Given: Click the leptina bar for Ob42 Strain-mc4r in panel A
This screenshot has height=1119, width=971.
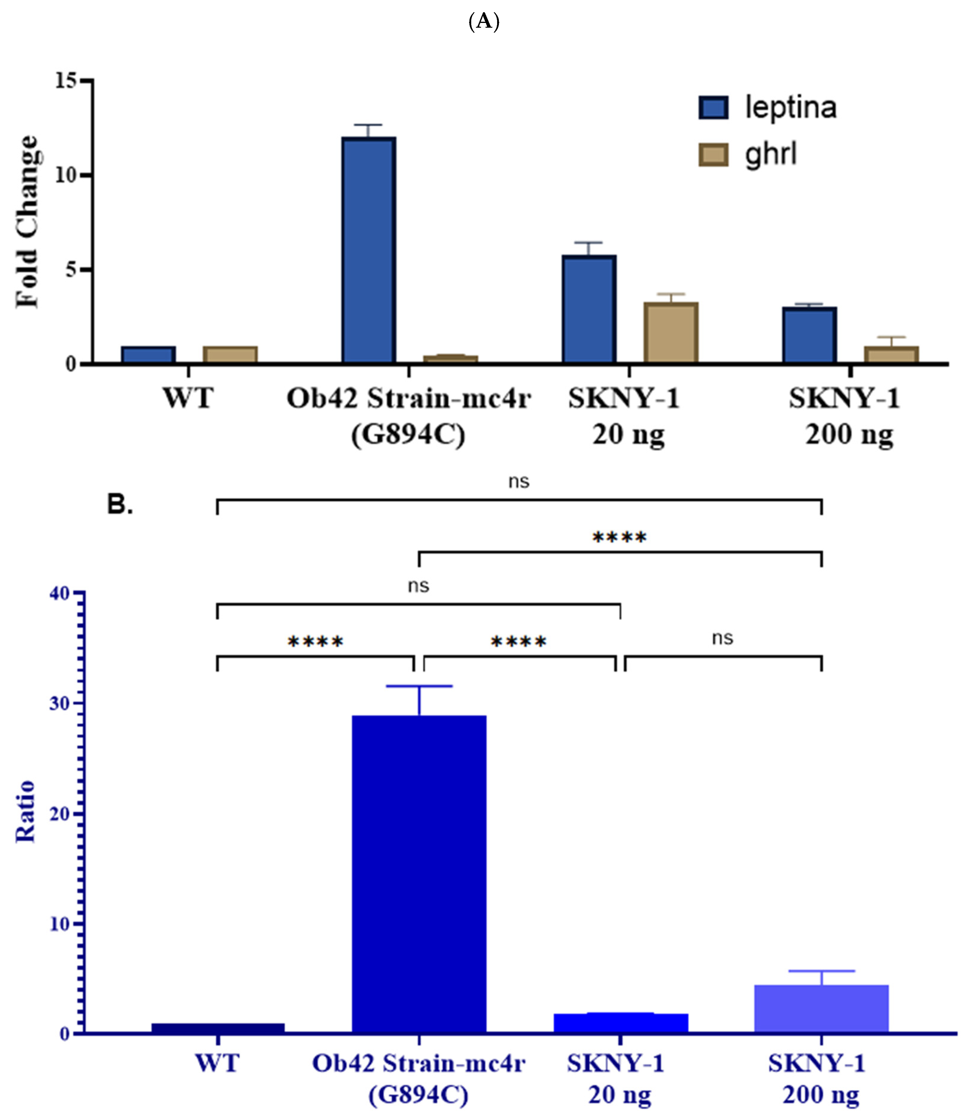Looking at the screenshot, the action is pos(369,250).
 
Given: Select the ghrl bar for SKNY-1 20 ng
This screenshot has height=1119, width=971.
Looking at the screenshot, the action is pos(671,333).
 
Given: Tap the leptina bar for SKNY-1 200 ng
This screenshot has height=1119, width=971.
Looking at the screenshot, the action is pos(809,335).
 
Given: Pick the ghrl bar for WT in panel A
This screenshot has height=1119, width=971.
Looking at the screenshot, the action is pos(230,355).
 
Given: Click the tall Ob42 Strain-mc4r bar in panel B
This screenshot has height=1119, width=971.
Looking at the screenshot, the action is pos(419,874).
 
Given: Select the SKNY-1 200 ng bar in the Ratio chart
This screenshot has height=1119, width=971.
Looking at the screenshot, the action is pos(822,1009).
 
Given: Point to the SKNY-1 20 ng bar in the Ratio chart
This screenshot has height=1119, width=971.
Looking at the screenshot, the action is pos(620,1023).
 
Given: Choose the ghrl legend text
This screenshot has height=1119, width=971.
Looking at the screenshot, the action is pos(770,154).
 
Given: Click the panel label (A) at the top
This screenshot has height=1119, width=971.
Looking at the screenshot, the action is pos(484,22).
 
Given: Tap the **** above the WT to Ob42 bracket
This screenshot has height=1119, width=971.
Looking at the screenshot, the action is pos(315,642).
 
